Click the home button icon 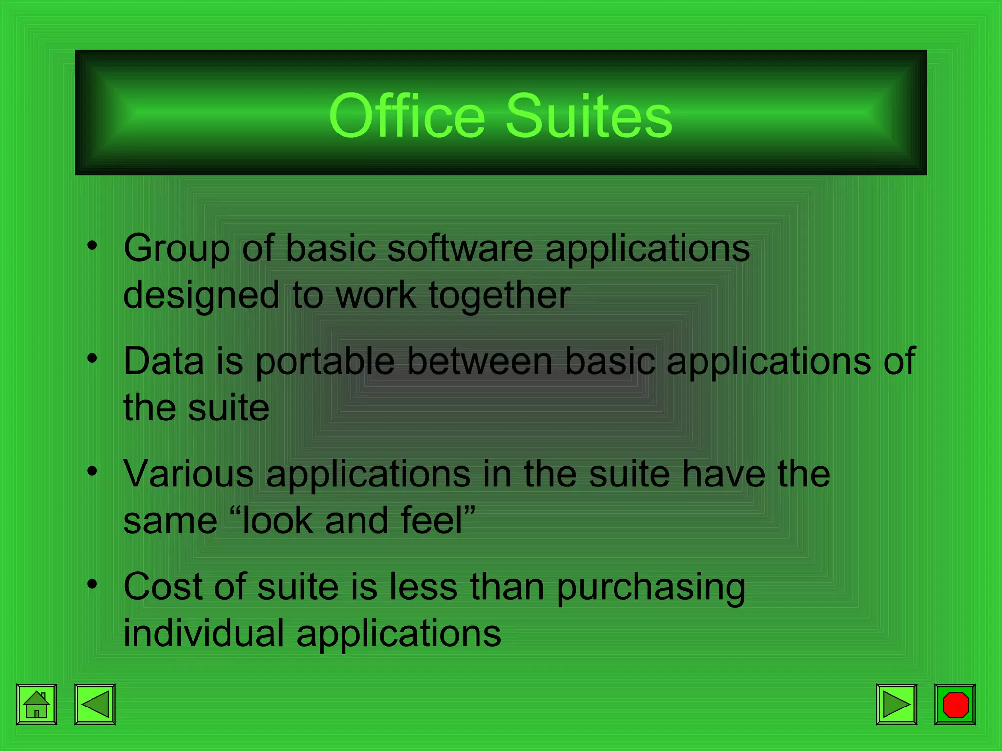(x=37, y=704)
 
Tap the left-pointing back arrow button (x=95, y=704)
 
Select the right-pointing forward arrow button (x=896, y=704)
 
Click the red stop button (x=955, y=704)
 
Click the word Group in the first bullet (x=177, y=248)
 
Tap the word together (x=500, y=295)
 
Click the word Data (x=163, y=361)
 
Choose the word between (x=480, y=361)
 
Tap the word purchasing (x=651, y=587)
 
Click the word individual (x=204, y=633)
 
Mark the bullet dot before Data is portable (x=92, y=359)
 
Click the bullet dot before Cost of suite (x=92, y=584)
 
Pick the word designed (x=201, y=296)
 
